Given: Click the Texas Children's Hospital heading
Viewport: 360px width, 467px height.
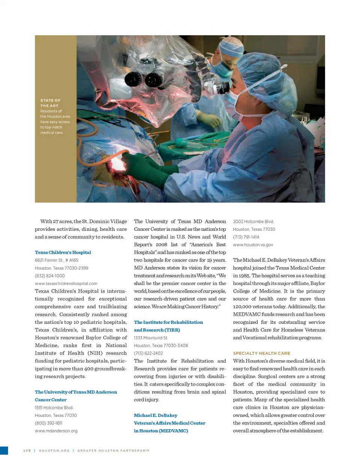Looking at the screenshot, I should click(63, 252).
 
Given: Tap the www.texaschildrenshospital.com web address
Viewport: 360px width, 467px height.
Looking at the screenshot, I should click(66, 284).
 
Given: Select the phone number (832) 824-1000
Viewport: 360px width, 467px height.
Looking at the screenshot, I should click(49, 276).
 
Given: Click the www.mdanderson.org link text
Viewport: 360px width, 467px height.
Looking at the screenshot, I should click(56, 431).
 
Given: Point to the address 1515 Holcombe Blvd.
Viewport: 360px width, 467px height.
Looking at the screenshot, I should click(54, 408).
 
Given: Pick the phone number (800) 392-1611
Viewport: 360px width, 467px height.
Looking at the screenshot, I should click(48, 423).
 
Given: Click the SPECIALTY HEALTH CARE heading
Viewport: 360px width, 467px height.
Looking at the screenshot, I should click(261, 353).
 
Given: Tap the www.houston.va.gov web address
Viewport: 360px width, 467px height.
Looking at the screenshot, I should click(253, 245).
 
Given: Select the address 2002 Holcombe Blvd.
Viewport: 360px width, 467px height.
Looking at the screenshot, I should click(253, 222).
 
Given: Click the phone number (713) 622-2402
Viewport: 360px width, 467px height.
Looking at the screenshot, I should click(148, 353).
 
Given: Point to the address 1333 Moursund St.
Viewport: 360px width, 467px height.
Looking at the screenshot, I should click(151, 338).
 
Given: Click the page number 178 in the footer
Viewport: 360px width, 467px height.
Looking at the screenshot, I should click(27, 450).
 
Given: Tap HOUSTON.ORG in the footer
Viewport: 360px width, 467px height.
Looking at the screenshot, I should click(54, 450).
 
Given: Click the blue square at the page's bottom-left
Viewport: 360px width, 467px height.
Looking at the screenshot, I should click(4, 450).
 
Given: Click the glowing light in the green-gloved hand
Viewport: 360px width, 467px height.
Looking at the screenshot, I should click(117, 164).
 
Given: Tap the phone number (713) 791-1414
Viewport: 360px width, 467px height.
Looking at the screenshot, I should click(246, 237).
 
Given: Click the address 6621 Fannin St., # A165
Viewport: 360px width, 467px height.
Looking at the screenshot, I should click(56, 260).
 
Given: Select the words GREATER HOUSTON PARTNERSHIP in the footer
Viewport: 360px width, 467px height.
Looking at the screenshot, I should click(113, 450).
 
